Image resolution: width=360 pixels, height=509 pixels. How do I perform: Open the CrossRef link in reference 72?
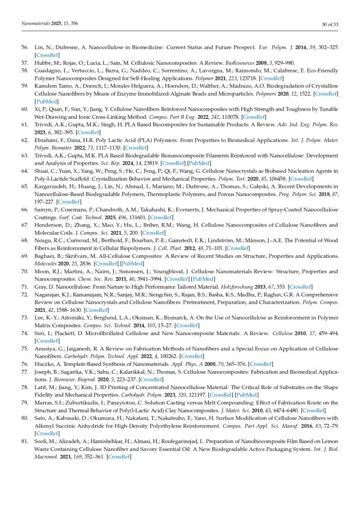pyautogui.click(x=96, y=310)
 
